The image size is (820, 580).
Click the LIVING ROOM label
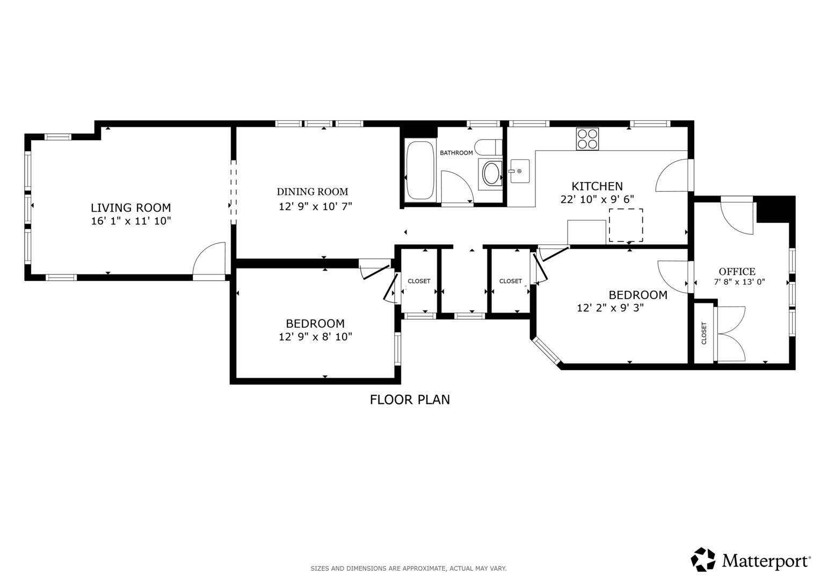click(130, 208)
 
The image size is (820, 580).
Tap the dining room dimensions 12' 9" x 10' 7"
click(315, 206)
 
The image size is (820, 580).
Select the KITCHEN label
click(597, 186)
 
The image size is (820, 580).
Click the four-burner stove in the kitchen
click(587, 139)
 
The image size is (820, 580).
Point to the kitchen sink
click(519, 171)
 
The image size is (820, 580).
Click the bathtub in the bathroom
click(420, 170)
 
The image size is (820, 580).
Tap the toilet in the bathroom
click(489, 147)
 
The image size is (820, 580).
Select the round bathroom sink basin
click(490, 173)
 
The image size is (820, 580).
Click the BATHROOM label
click(456, 153)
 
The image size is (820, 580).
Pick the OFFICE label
click(737, 272)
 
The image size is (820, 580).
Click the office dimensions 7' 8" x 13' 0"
click(739, 282)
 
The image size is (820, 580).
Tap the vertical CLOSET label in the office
click(704, 333)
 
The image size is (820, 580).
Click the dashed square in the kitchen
click(626, 225)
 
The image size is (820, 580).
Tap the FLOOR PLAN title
click(410, 400)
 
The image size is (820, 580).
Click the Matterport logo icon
click(703, 560)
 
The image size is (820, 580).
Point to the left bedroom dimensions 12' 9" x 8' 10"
click(315, 337)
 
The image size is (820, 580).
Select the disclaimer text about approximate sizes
click(408, 568)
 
